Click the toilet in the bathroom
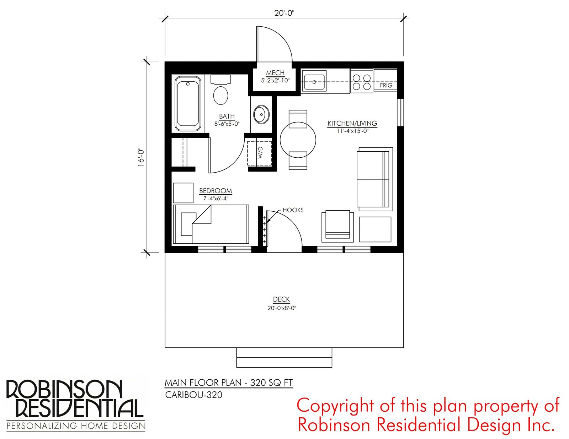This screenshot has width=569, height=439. click(220, 90)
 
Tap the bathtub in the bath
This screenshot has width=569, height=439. click(188, 104)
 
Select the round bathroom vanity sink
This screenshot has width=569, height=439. click(261, 114)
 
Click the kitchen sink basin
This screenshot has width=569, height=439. click(314, 82)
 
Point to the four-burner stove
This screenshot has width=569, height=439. click(362, 82)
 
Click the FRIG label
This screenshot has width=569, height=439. click(386, 85)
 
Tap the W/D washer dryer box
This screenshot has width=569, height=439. click(259, 153)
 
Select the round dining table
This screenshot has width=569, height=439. click(298, 140)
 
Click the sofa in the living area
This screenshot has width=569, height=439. click(375, 179)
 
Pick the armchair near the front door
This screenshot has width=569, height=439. click(337, 226)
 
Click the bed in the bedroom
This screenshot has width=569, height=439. click(211, 224)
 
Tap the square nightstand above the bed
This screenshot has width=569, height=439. click(183, 193)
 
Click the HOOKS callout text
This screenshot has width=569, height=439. click(293, 210)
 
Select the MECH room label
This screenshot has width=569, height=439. click(275, 73)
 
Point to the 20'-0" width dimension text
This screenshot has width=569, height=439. click(284, 13)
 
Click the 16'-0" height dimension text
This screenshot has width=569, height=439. click(141, 158)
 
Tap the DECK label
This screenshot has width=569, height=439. click(282, 299)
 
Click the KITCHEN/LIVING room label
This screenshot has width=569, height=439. click(352, 123)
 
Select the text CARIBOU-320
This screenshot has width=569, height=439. click(194, 395)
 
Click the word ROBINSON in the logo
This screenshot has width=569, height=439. click(64, 390)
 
